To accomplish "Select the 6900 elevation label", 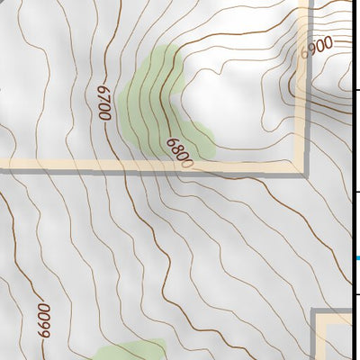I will point(317,47).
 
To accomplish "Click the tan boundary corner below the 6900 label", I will point(301,166).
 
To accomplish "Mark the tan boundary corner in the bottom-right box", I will point(321,317).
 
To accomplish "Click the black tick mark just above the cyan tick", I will point(357,192).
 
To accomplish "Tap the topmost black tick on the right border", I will point(357,89).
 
